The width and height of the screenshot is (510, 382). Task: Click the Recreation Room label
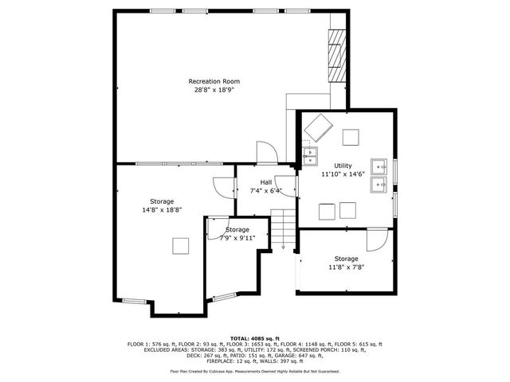coord(214,81)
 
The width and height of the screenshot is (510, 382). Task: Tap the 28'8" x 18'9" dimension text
coord(214,90)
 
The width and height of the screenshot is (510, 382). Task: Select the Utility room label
coord(343,165)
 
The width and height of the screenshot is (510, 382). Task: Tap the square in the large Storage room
coord(181,246)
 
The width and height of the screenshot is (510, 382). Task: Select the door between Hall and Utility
coord(285,184)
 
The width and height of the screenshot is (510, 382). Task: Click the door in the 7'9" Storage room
coord(214,228)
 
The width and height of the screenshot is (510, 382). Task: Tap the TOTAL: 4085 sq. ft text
coord(254,337)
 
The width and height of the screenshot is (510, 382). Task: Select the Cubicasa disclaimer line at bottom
coord(254,371)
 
